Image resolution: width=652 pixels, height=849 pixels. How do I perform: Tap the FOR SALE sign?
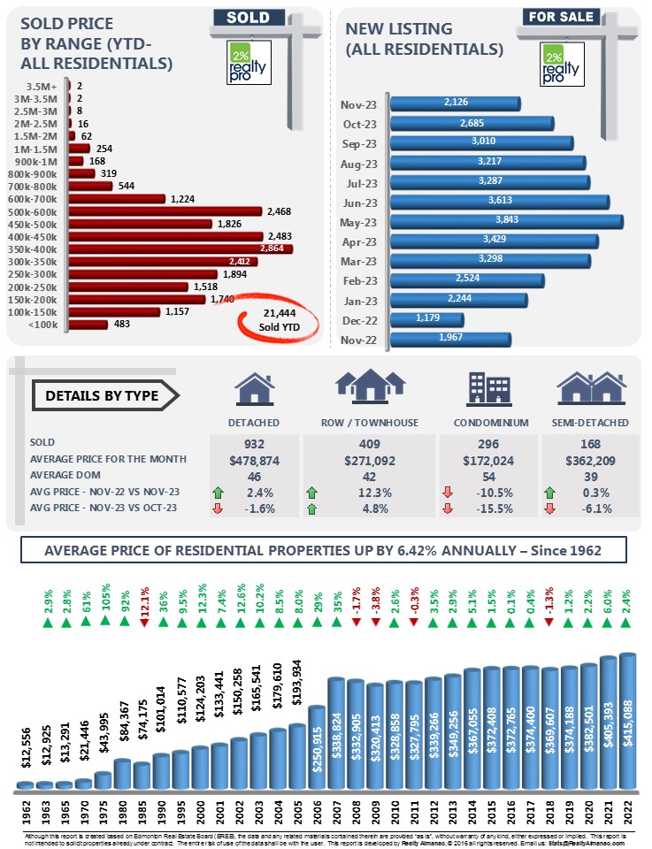(x=562, y=16)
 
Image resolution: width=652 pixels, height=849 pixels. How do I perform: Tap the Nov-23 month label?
(x=360, y=105)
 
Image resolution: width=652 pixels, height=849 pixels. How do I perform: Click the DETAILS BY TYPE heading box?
(x=102, y=395)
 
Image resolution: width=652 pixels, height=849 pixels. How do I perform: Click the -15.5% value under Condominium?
(x=487, y=508)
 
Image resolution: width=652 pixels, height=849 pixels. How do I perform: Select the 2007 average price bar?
(x=336, y=732)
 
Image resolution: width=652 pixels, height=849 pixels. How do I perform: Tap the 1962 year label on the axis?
(x=25, y=812)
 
